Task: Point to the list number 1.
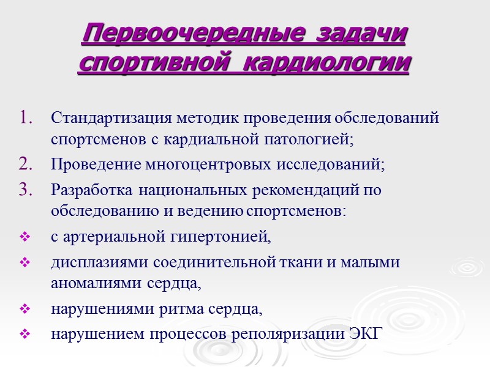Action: (29, 117)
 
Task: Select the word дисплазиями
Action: (97, 262)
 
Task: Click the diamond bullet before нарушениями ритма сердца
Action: (25, 310)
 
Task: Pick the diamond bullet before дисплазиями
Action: (25, 262)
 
